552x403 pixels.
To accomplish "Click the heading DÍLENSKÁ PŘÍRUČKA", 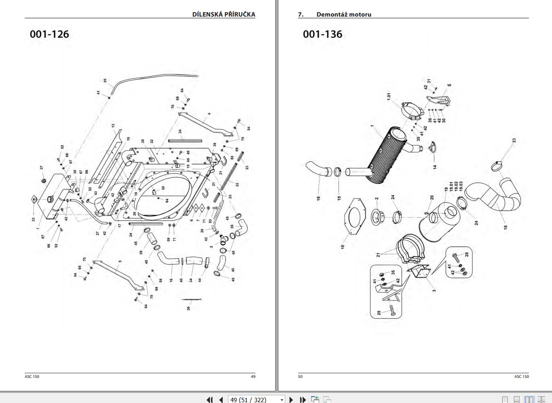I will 224,14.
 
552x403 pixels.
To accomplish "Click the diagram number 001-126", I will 49,34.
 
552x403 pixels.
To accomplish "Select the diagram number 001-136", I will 322,34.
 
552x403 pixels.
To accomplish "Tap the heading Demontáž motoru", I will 343,14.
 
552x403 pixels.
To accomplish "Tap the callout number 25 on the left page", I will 105,80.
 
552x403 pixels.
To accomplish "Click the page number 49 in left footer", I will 253,376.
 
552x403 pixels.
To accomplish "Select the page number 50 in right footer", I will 300,376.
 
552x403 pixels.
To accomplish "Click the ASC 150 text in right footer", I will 521,376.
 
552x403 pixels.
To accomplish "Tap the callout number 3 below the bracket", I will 434,290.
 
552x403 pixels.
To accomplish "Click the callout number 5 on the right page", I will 449,85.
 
